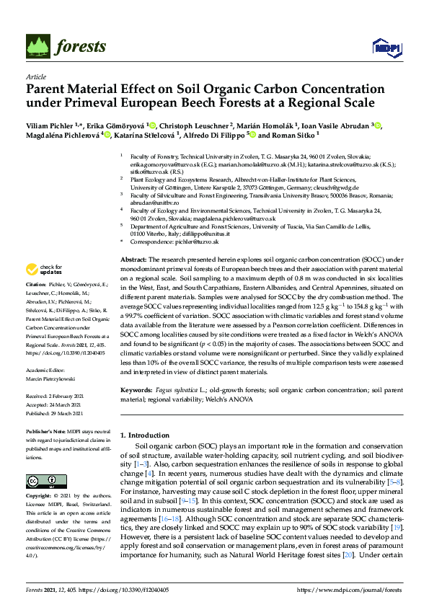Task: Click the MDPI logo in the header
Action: [386, 48]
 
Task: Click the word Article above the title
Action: [35, 76]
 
